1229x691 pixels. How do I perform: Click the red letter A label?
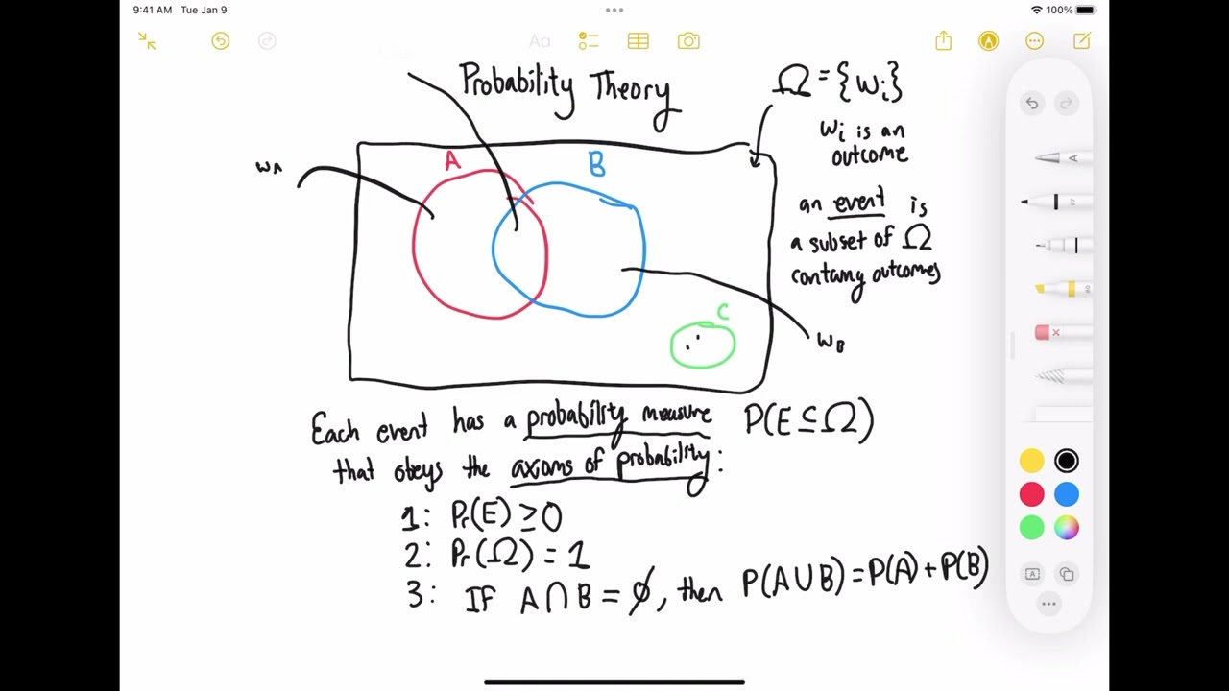[452, 161]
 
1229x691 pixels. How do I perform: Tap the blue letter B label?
[597, 165]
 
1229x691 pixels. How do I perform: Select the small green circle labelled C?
[703, 345]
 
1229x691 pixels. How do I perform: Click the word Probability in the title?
[518, 84]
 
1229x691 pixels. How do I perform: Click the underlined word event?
[859, 203]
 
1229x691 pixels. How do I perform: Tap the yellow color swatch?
[1031, 462]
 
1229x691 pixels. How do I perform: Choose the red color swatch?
[1031, 494]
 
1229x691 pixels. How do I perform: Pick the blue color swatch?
[1066, 494]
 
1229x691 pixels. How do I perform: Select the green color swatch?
[1031, 528]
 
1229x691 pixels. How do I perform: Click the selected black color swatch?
[1066, 462]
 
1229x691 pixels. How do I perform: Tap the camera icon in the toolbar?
[688, 41]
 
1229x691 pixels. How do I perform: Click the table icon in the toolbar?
[639, 41]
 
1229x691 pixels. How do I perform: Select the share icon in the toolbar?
[943, 40]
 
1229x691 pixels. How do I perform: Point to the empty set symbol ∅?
[639, 594]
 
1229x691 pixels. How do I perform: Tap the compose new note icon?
[1082, 41]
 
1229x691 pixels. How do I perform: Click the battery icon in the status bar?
[1086, 10]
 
